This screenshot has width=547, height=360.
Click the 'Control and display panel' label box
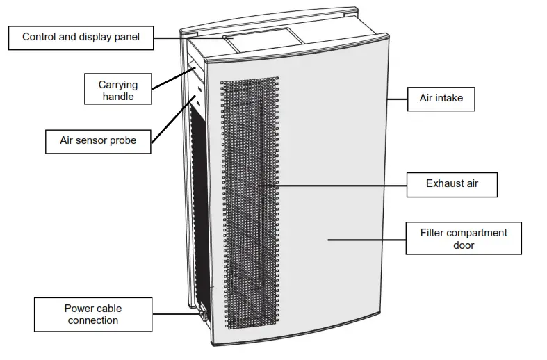pos(81,37)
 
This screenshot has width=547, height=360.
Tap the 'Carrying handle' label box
pos(118,90)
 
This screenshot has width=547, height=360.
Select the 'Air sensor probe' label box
pos(97,141)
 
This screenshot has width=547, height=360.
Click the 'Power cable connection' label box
pos(92,314)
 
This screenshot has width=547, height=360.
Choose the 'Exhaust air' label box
pos(452,184)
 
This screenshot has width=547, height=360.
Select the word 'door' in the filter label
pos(464,245)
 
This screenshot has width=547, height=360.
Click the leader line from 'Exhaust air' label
pos(334,184)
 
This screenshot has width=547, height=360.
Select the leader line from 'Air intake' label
pos(396,99)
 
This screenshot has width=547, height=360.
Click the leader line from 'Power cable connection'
pos(174,314)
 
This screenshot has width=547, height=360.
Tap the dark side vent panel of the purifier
pos(202,202)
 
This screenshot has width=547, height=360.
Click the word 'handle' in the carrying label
pos(118,97)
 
